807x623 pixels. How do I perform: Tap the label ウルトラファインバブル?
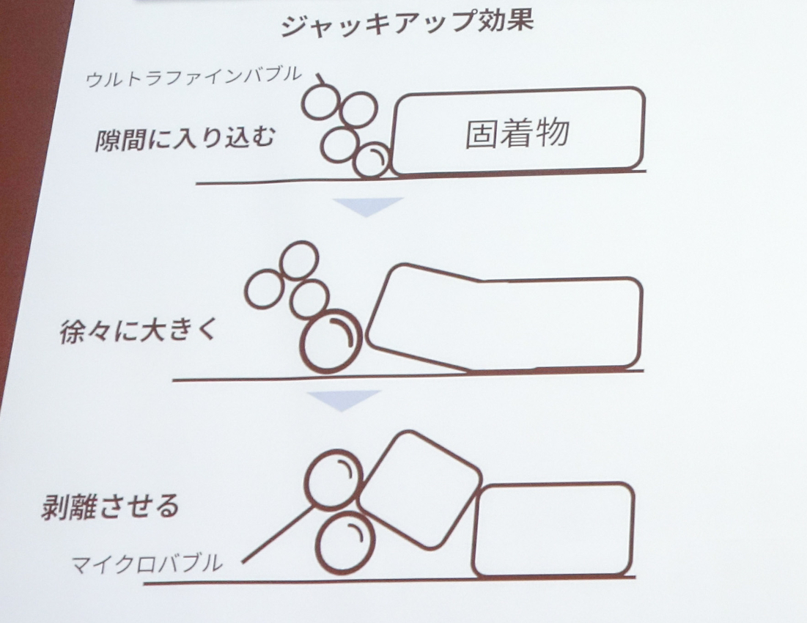194,77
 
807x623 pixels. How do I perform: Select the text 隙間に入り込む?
185,138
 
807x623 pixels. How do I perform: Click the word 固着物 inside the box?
517,133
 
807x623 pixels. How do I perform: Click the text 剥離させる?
110,506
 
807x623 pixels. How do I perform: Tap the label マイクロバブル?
147,564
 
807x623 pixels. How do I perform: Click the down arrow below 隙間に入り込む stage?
367,206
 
